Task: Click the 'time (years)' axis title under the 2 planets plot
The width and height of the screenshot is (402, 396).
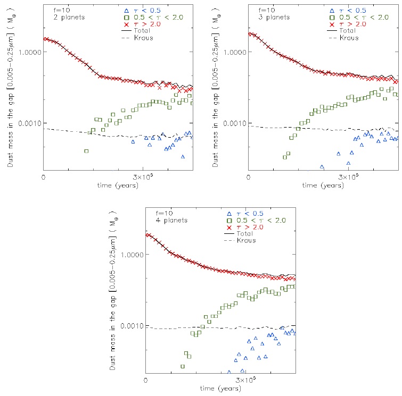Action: click(x=117, y=186)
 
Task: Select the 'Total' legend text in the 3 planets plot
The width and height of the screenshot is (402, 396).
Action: click(x=348, y=31)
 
